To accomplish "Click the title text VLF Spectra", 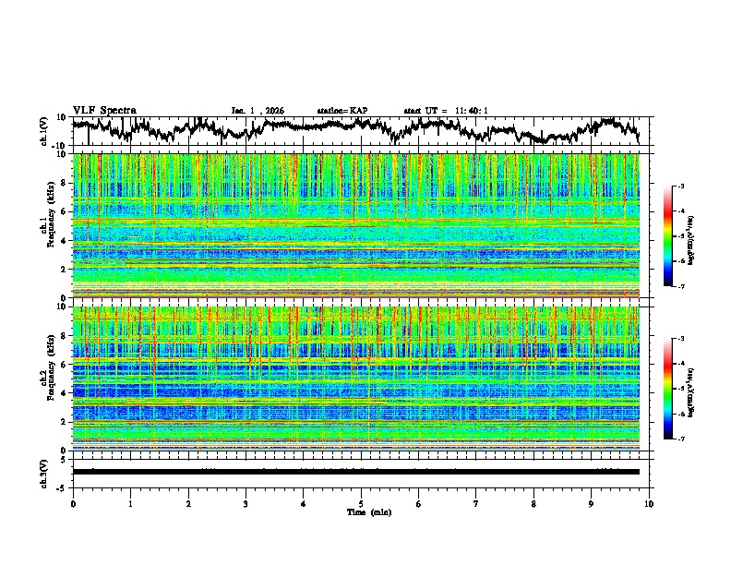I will (104, 110).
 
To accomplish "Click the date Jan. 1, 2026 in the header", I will (258, 111).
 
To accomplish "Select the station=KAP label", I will (342, 111).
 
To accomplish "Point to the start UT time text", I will (446, 111).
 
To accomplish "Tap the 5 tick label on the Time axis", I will (361, 503).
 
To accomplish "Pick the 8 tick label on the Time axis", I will (533, 503).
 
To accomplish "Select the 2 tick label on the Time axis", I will (188, 503).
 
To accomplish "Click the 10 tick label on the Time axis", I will (649, 503).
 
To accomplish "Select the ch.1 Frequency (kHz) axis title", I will (46, 225).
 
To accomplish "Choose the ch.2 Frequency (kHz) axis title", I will (46, 379).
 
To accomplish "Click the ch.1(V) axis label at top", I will (46, 131).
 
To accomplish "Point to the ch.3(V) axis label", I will (46, 472).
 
